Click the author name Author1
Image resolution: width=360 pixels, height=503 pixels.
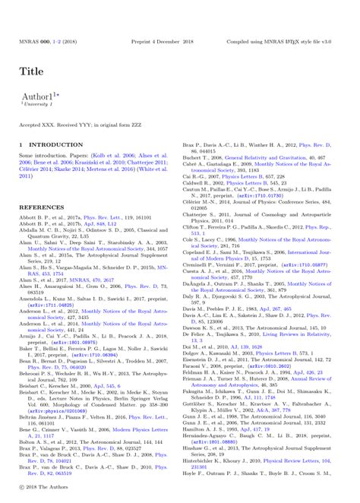tap(38, 96)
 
